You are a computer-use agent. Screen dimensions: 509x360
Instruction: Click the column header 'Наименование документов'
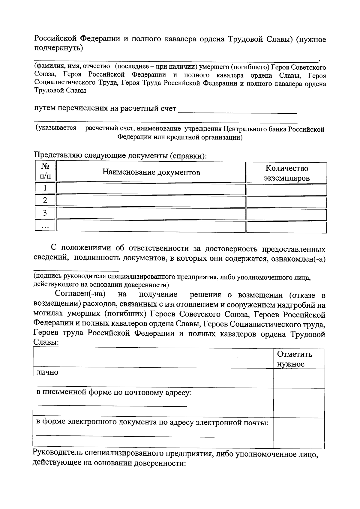click(151, 172)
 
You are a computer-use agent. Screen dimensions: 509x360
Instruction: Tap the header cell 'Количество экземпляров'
click(286, 173)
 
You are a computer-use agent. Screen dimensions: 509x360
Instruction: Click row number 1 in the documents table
click(45, 188)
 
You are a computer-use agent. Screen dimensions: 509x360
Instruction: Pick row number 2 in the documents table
click(45, 201)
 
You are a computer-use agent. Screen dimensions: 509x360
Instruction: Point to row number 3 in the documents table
click(45, 213)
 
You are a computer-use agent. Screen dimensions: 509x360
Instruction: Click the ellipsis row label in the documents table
click(45, 226)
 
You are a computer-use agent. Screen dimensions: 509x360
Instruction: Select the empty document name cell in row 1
click(151, 189)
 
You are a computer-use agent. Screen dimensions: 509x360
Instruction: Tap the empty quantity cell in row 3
click(286, 214)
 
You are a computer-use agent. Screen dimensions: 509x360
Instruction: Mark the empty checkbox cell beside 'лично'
click(299, 379)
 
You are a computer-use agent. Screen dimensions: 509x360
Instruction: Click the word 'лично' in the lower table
click(47, 373)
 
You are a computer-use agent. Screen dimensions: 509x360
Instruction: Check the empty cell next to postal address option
click(299, 403)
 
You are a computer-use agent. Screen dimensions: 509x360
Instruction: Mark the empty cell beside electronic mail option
click(299, 433)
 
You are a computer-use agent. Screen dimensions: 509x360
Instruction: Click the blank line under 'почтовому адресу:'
click(112, 406)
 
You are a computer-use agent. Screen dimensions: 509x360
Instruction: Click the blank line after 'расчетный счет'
click(238, 112)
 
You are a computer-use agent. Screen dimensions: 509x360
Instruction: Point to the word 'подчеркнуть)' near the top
click(58, 48)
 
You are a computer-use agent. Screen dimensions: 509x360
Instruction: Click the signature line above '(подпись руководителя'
click(76, 270)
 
